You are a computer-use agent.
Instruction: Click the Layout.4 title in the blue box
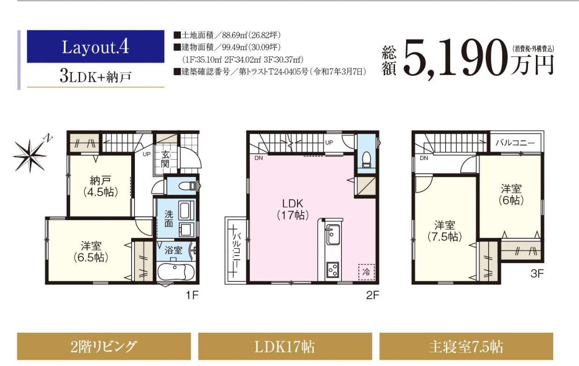click(x=96, y=47)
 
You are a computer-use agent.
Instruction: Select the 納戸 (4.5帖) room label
click(x=100, y=186)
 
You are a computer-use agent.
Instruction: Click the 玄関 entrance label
click(x=165, y=159)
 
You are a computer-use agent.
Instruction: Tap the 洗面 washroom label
click(x=169, y=219)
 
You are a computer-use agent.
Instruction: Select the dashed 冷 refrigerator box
click(x=367, y=271)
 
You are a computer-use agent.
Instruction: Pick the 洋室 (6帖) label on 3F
click(x=511, y=194)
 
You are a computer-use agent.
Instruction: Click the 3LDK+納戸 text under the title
click(x=96, y=76)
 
